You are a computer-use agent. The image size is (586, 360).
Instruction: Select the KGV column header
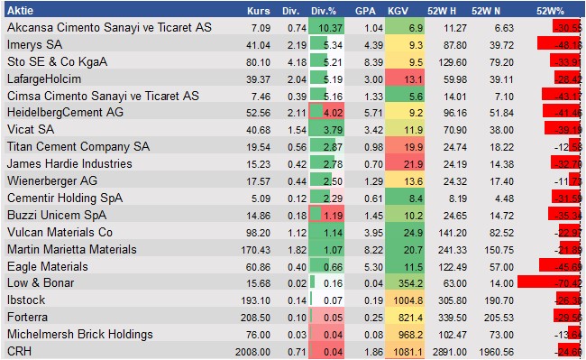(397, 11)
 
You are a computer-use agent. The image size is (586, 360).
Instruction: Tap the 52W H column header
(446, 11)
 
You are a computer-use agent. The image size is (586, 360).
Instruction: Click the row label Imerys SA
(36, 44)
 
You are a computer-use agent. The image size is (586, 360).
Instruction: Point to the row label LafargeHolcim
(45, 78)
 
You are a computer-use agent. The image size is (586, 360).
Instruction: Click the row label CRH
(19, 350)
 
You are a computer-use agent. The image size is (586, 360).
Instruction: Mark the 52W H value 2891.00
(450, 350)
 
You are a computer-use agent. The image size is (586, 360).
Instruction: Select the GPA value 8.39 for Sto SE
(364, 61)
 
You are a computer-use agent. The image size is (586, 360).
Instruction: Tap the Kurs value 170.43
(256, 248)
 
